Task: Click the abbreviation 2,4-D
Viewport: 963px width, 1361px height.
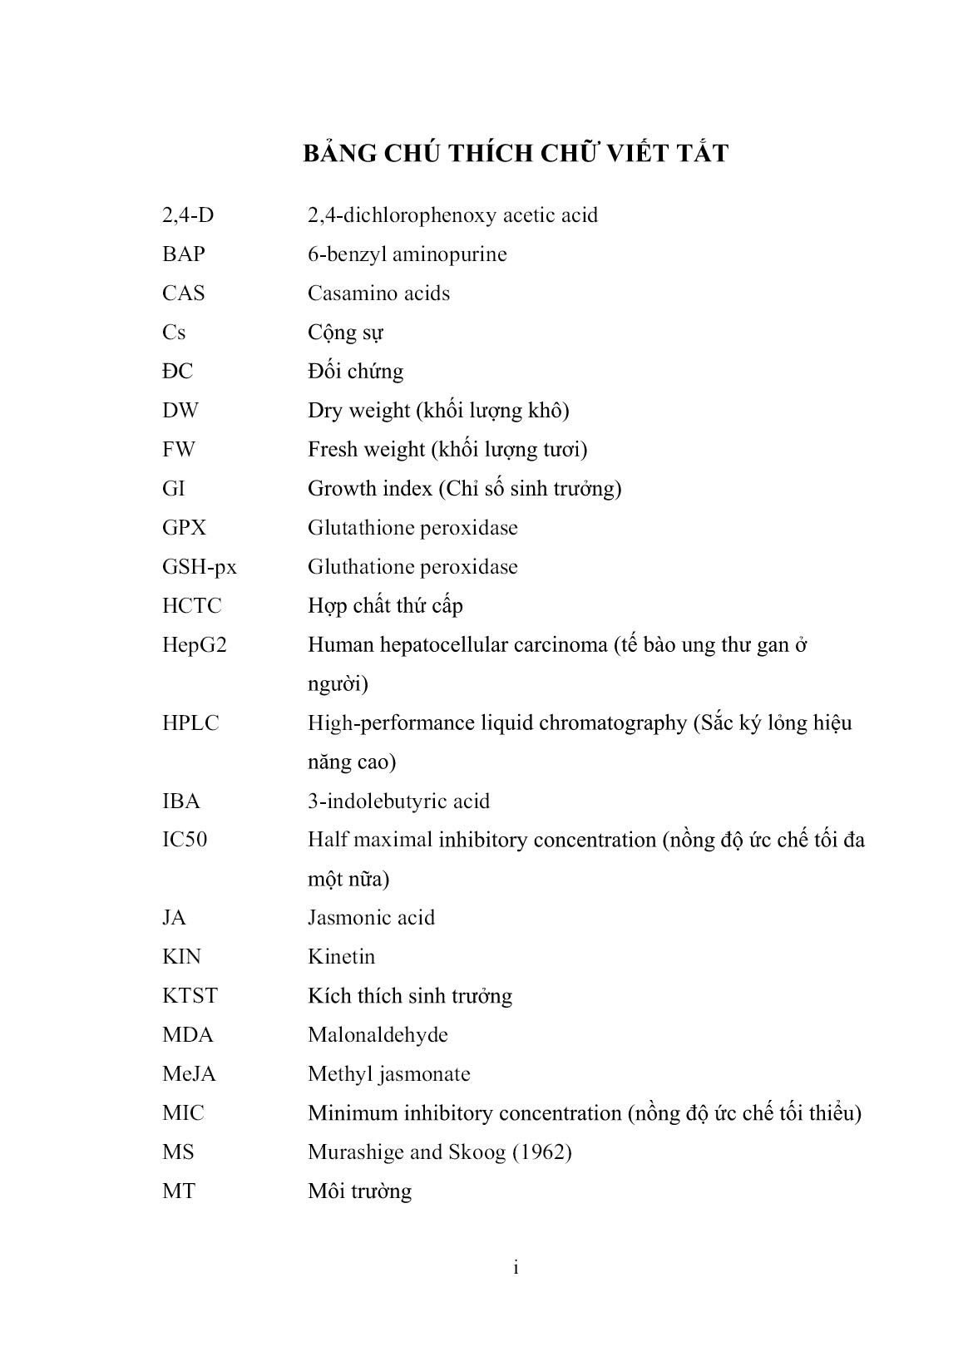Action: (188, 215)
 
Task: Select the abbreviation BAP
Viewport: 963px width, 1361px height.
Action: (184, 254)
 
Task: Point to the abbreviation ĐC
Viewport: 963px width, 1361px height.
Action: (177, 372)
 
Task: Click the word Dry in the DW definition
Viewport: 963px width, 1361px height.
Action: (323, 411)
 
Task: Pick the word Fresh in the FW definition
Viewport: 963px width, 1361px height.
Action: (331, 450)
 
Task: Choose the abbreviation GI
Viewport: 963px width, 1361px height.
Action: (174, 489)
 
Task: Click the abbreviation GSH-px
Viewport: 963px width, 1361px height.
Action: (200, 568)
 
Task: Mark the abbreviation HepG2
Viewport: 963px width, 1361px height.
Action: (195, 645)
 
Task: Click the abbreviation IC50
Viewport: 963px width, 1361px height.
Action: (185, 840)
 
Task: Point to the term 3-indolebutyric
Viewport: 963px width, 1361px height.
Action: (376, 801)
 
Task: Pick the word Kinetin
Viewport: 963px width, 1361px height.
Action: (341, 957)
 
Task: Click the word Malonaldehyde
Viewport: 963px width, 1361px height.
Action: (378, 1035)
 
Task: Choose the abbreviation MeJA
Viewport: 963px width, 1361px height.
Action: (189, 1074)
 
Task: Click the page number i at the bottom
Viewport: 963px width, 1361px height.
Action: (516, 1268)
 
